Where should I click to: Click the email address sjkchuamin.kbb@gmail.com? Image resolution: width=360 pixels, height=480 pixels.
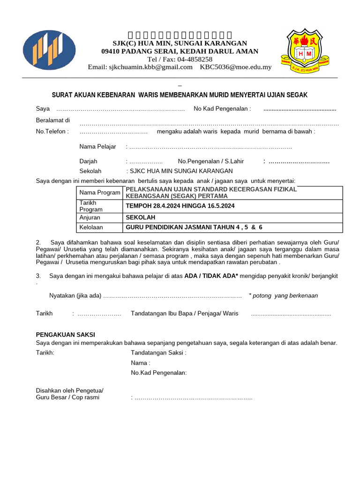140,67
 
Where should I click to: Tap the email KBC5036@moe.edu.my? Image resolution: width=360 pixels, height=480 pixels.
236,67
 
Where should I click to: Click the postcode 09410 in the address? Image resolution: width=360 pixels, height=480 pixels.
112,51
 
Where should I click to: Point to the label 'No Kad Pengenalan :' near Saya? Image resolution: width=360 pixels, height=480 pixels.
222,109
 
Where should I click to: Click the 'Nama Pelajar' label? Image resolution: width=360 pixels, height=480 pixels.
97,147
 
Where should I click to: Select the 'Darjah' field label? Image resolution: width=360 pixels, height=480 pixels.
88,161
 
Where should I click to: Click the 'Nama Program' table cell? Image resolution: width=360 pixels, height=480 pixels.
100,193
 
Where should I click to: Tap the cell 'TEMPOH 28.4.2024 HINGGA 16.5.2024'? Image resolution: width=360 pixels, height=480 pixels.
180,206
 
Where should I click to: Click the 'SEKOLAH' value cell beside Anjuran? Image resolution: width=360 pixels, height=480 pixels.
140,217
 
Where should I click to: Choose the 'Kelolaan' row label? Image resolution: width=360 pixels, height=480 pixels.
91,228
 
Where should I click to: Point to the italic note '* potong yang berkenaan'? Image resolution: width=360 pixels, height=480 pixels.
283,296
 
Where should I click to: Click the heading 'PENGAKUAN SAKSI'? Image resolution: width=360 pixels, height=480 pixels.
66,335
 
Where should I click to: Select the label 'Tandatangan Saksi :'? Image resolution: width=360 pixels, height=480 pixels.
158,352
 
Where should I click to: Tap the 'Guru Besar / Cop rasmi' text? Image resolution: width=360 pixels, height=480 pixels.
67,397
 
